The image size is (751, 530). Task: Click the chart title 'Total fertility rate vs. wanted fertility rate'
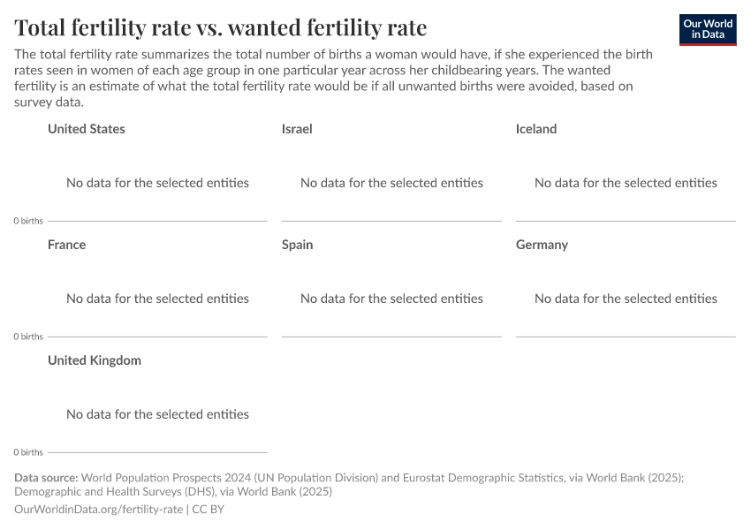(221, 28)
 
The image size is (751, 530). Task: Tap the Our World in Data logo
(707, 29)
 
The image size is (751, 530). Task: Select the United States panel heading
(87, 129)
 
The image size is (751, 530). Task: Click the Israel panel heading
(297, 129)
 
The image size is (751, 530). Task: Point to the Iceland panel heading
(536, 129)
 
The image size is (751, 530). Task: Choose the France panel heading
(67, 245)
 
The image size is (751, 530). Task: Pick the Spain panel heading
(298, 245)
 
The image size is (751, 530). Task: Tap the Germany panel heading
(542, 245)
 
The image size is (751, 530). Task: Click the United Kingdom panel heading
(95, 360)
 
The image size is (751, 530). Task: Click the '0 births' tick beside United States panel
(28, 221)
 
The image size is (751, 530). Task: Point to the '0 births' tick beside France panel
(28, 337)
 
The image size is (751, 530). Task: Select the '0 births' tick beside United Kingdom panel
(28, 452)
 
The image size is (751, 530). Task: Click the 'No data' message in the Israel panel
(391, 183)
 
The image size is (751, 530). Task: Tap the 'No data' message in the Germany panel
(626, 299)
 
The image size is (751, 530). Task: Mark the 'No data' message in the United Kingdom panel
(157, 414)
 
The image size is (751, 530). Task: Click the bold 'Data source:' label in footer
(46, 478)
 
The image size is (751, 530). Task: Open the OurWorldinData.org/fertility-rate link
(99, 510)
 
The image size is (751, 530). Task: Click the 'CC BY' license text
(209, 510)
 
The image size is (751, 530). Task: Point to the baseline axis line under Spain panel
(391, 337)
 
